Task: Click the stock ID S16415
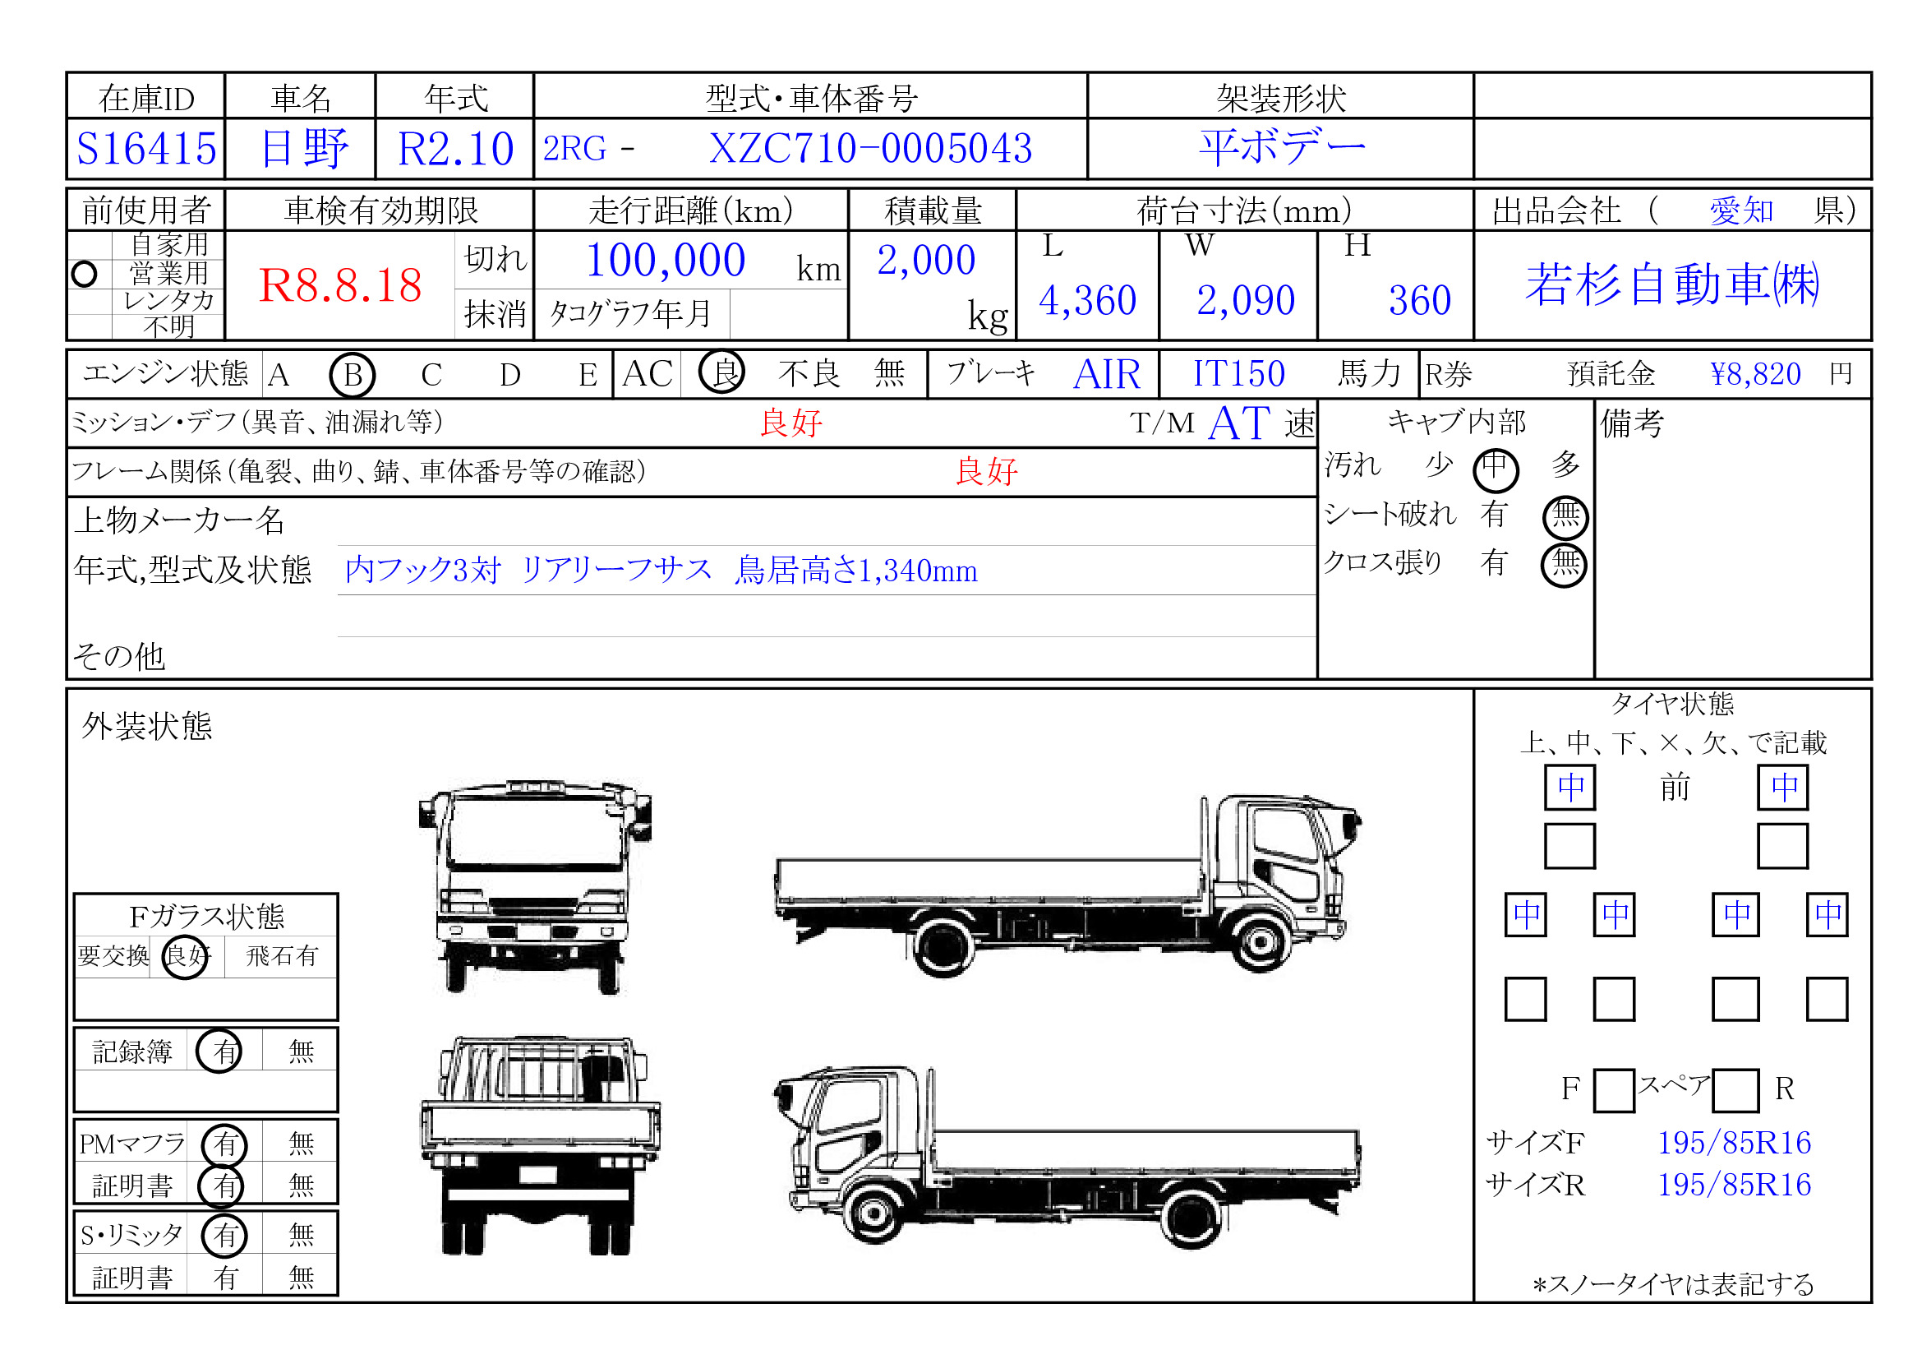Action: click(x=146, y=149)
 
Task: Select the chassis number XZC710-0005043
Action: click(x=870, y=149)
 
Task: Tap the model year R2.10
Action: click(x=455, y=149)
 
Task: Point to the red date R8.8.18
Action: click(x=340, y=285)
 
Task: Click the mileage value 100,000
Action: click(x=666, y=261)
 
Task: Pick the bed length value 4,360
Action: click(x=1087, y=300)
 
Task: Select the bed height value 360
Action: click(x=1420, y=300)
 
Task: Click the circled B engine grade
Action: click(x=353, y=374)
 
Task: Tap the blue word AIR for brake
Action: click(x=1107, y=374)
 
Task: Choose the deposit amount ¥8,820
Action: click(x=1755, y=374)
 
